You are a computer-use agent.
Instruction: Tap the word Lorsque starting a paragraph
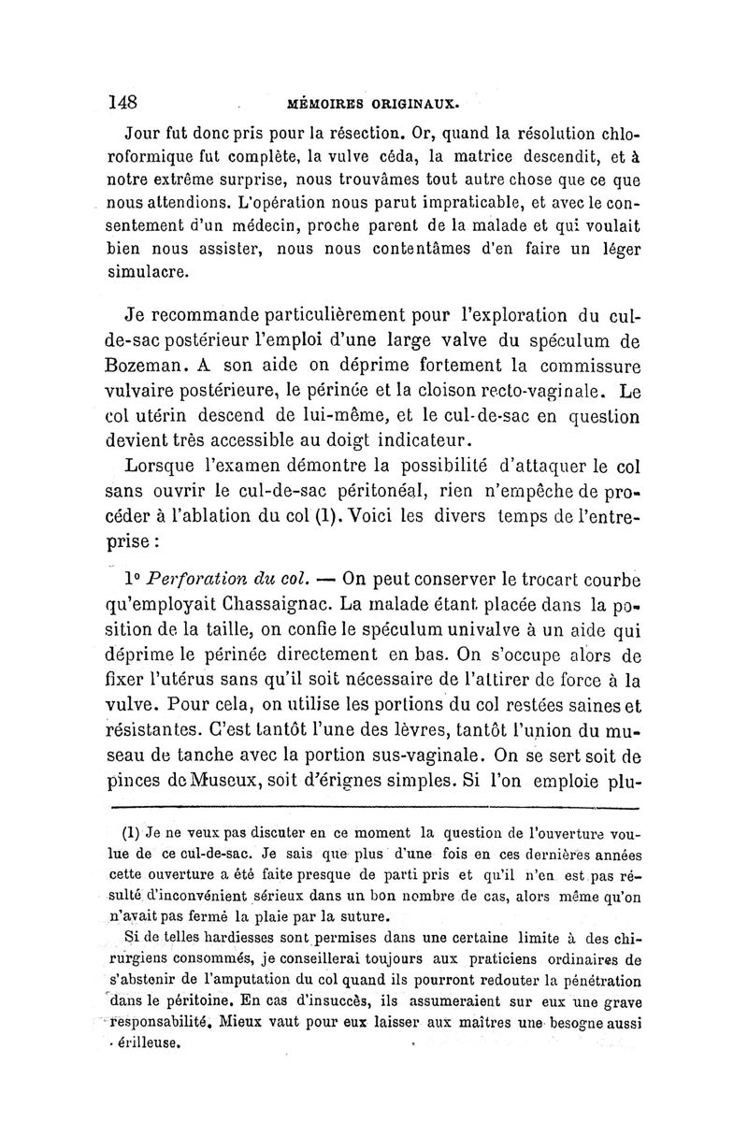tap(166, 466)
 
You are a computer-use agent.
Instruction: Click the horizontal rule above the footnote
tap(374, 805)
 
